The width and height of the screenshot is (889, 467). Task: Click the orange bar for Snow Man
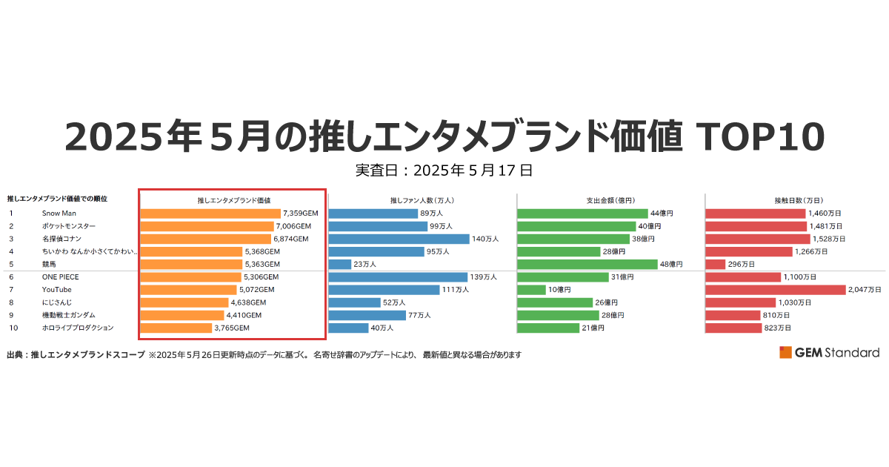[210, 213]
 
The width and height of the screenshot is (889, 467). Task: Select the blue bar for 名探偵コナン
[399, 239]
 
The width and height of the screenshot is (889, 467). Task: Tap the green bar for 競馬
[587, 264]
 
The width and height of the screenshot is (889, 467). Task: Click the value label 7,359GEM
[300, 213]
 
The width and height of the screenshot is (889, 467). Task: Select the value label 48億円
[671, 264]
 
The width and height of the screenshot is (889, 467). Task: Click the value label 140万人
[485, 239]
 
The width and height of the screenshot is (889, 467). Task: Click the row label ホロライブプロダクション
[78, 328]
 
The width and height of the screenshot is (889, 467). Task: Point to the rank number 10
[13, 328]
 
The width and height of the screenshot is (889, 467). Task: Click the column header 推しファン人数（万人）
[422, 200]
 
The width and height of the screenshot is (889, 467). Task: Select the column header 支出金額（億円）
[610, 200]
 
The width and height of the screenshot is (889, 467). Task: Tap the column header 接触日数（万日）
[799, 200]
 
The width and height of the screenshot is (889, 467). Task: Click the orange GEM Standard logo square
[785, 352]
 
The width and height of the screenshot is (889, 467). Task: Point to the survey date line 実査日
[444, 170]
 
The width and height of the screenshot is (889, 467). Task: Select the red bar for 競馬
[715, 264]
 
